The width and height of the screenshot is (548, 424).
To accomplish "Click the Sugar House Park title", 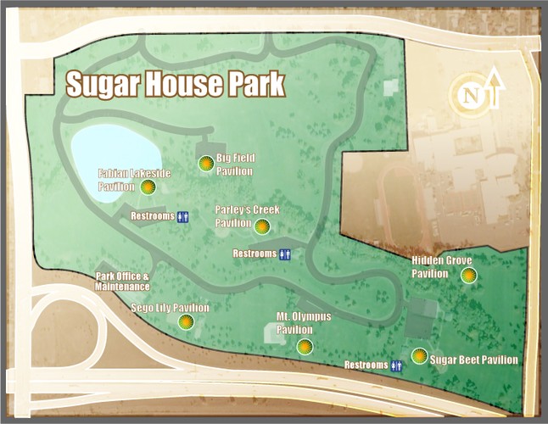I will click(175, 85).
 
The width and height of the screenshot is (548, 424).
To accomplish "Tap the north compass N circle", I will click(468, 96).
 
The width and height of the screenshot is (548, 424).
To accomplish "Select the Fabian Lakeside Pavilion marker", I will click(148, 187).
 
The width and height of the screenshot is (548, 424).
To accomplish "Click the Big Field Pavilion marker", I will click(204, 164).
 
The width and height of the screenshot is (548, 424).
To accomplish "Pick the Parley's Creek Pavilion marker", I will click(262, 226).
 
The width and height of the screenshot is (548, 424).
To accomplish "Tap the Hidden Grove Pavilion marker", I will click(467, 275).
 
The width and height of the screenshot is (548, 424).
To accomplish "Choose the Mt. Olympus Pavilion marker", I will click(305, 346).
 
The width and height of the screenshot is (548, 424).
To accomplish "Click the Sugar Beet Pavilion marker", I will click(419, 356).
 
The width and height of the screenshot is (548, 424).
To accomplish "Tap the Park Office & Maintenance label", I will click(123, 282).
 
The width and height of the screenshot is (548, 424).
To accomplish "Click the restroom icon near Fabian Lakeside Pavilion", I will click(183, 217).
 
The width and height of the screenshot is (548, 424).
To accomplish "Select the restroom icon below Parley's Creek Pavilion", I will click(285, 254).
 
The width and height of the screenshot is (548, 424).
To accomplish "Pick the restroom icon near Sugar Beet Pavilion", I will click(396, 365).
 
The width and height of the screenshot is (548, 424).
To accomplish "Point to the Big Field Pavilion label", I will click(235, 165).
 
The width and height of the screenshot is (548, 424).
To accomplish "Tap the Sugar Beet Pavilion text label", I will click(474, 360).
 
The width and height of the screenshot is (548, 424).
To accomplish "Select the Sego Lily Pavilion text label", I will click(170, 309).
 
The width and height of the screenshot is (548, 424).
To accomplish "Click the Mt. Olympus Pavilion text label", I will click(304, 323).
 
